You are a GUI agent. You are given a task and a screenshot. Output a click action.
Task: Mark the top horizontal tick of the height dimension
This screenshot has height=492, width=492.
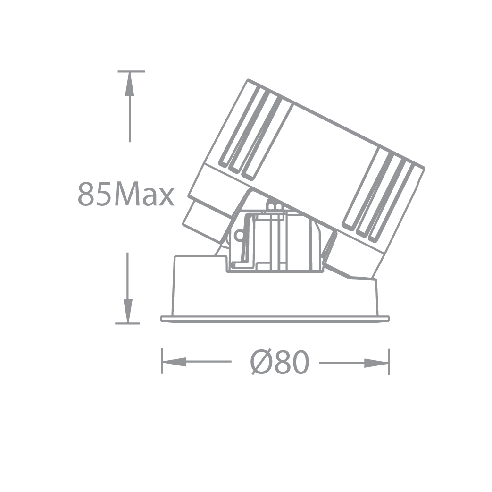click(x=131, y=71)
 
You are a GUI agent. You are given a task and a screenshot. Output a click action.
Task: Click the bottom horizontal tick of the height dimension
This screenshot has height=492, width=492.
click(x=127, y=323)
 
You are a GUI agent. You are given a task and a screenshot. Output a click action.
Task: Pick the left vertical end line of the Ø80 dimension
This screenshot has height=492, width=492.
click(x=162, y=361)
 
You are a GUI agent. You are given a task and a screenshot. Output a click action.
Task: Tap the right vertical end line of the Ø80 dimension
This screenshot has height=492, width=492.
click(x=389, y=362)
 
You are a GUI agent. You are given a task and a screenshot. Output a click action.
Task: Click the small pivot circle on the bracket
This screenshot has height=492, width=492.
click(x=239, y=235)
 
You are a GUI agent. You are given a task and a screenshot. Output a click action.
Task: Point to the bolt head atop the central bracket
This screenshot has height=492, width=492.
click(x=275, y=206)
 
